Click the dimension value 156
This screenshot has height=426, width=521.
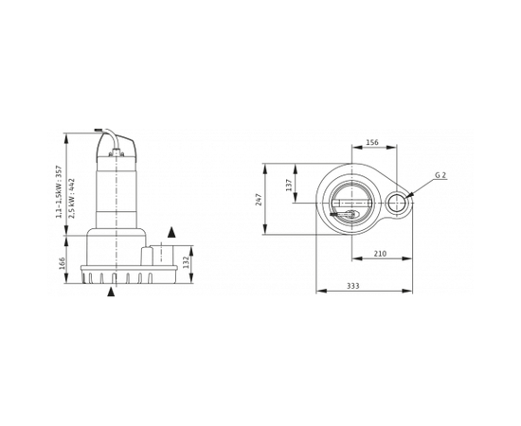coord(372,143)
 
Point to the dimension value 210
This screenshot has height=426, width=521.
coord(381,253)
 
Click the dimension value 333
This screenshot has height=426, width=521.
coord(353,285)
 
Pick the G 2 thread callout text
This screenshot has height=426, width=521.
coord(440,175)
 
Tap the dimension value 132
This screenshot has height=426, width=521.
coord(188,261)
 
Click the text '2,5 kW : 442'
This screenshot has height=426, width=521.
coord(72,198)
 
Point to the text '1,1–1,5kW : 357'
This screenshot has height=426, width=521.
coord(59,192)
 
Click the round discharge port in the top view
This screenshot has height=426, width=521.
coord(398,203)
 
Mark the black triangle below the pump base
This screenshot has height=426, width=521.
coord(111,292)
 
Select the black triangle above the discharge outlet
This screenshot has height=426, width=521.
coord(171,232)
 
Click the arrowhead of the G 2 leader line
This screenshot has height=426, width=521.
coord(409,194)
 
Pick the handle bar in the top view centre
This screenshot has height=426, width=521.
coord(352,202)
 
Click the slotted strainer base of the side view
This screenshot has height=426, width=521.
coord(129,275)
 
